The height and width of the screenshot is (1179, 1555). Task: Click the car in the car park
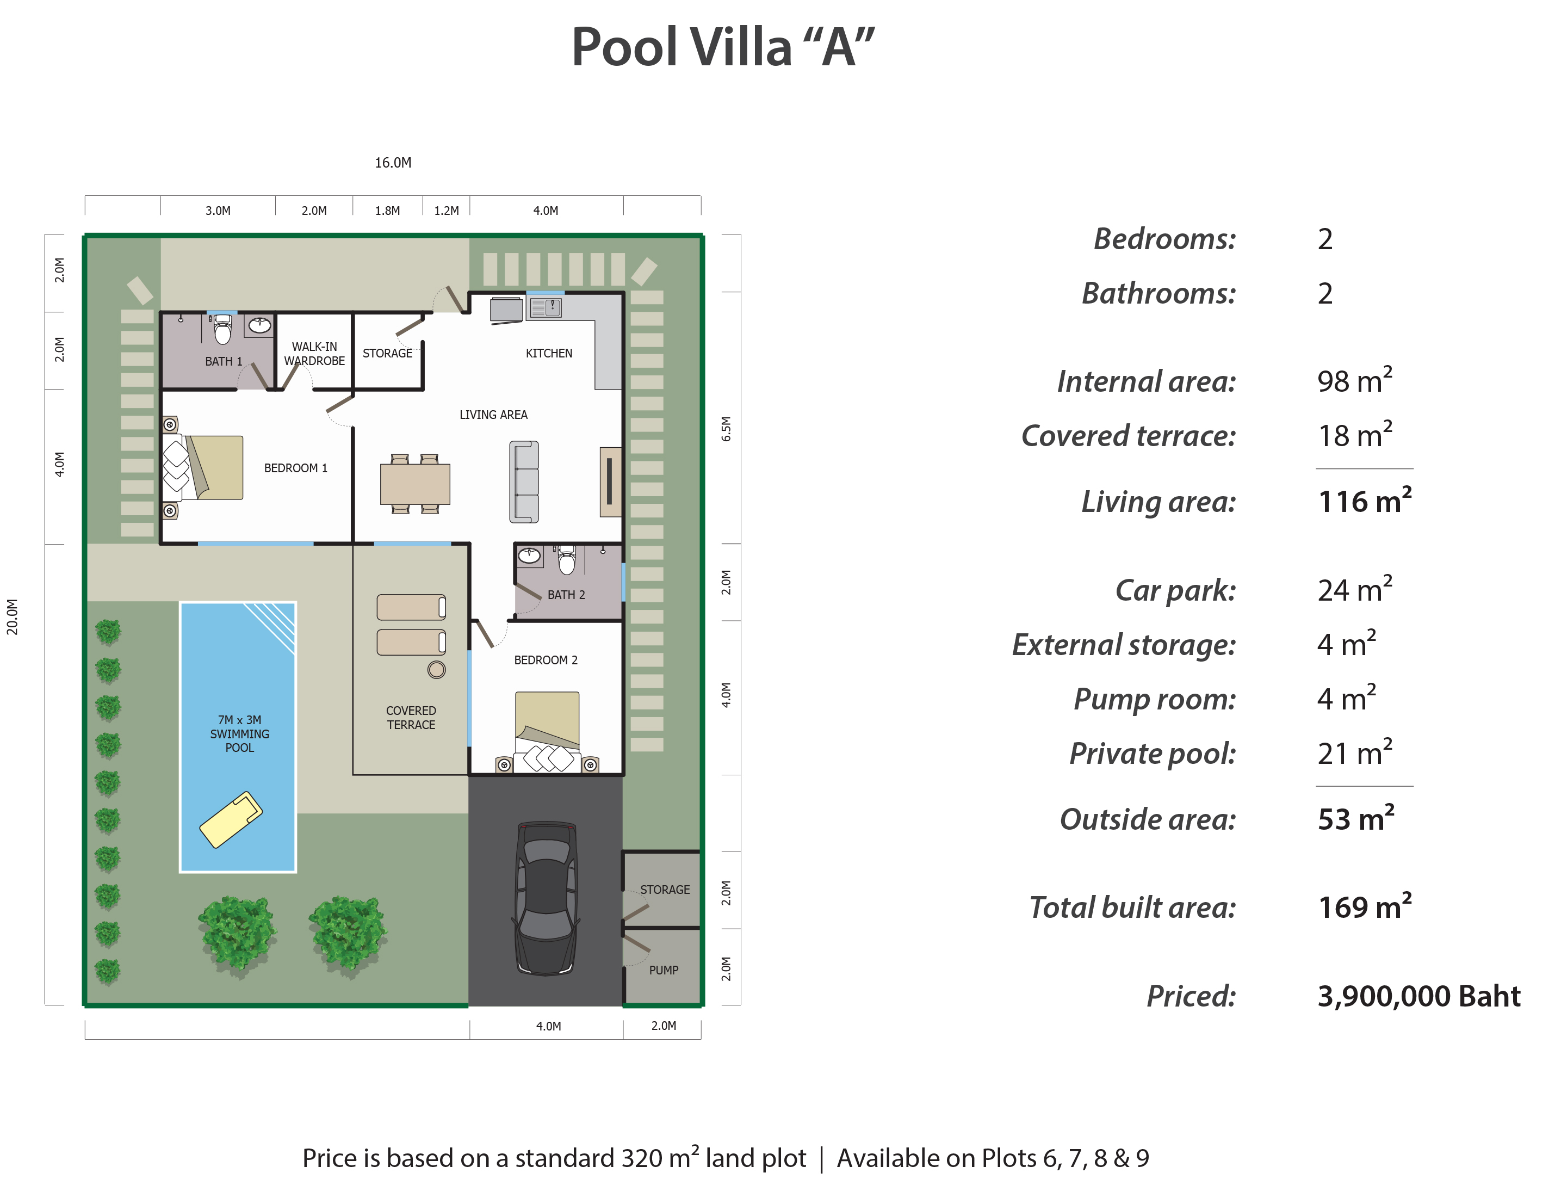[547, 898]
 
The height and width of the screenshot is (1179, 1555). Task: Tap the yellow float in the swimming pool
[231, 820]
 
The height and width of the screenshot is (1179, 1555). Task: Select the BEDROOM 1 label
[296, 468]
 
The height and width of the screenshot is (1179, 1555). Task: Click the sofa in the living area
[524, 482]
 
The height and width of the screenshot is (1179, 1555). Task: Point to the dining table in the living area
[415, 484]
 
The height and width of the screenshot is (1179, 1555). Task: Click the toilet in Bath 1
[223, 329]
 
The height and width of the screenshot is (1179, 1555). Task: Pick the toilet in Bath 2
[567, 561]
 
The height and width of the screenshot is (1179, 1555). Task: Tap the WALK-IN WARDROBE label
[314, 354]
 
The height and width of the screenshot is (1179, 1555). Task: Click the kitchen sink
[546, 307]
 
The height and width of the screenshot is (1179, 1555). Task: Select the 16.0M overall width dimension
[393, 163]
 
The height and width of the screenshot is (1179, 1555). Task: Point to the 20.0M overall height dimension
[13, 616]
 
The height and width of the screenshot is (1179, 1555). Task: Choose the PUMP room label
[664, 970]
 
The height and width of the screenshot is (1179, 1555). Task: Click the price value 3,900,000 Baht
[1418, 996]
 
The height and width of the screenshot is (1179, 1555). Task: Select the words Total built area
[1132, 907]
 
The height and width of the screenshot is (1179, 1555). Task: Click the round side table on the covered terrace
[437, 669]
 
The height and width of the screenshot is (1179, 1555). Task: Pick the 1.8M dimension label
[387, 211]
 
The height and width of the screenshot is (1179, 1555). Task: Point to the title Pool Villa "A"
[723, 47]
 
